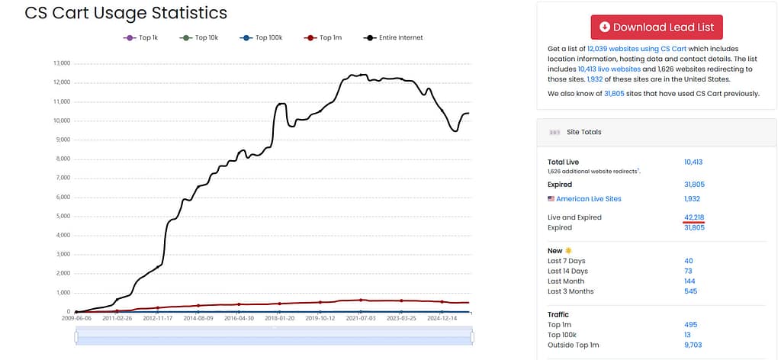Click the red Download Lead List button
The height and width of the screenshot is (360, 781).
(657, 27)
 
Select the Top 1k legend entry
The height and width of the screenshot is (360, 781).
(140, 37)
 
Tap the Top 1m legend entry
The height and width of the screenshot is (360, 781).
(323, 37)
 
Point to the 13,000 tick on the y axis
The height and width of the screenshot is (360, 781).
(63, 64)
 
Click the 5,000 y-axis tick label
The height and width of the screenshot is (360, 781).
(63, 217)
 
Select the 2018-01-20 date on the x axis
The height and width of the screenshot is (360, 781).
(279, 318)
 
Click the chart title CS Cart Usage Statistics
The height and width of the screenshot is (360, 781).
(126, 13)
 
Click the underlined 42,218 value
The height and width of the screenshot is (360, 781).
(694, 217)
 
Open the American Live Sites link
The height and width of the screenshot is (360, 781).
(589, 198)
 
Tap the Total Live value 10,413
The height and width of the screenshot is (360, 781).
(693, 162)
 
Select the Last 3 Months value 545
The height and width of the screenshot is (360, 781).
(691, 291)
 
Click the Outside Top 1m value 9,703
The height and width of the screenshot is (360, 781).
(693, 345)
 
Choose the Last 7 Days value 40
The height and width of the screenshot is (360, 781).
(689, 261)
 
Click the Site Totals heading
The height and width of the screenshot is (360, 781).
(583, 132)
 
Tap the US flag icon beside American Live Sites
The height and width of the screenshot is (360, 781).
(551, 198)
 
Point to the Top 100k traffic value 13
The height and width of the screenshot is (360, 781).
(687, 335)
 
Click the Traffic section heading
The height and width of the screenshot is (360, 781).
(558, 314)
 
